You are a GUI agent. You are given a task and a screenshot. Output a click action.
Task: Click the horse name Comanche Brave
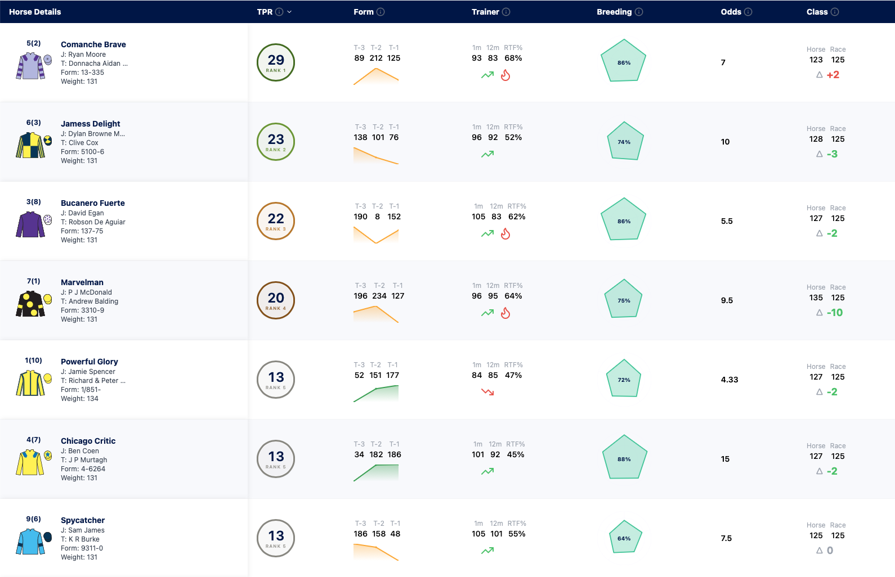point(93,44)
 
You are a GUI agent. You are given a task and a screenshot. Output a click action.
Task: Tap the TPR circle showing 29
point(276,62)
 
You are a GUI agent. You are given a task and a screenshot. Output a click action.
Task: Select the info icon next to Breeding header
point(639,12)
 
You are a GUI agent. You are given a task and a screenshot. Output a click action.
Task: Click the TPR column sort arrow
point(289,12)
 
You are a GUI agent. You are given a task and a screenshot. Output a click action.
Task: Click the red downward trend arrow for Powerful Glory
point(487,392)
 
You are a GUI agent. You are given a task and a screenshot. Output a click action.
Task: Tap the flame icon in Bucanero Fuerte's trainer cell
point(505,233)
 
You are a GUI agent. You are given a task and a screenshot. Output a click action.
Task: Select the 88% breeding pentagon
point(624,457)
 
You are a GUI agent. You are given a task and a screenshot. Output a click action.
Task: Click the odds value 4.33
point(729,380)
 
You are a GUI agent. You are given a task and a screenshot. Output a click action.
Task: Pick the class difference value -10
point(835,313)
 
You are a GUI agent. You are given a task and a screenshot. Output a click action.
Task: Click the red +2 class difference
point(833,75)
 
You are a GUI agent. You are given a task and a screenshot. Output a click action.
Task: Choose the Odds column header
point(731,12)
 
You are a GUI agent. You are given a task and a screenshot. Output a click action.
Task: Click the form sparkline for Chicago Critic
point(376,473)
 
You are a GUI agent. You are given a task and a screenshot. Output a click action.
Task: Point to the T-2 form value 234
point(379,296)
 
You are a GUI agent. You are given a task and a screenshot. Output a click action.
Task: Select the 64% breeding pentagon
point(625,537)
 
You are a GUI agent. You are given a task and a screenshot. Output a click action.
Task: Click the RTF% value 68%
point(513,58)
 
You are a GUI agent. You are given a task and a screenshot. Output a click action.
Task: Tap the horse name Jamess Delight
point(90,124)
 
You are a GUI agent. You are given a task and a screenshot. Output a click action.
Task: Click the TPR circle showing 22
point(276,221)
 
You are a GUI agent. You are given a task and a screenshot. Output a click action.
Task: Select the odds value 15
point(725,459)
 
